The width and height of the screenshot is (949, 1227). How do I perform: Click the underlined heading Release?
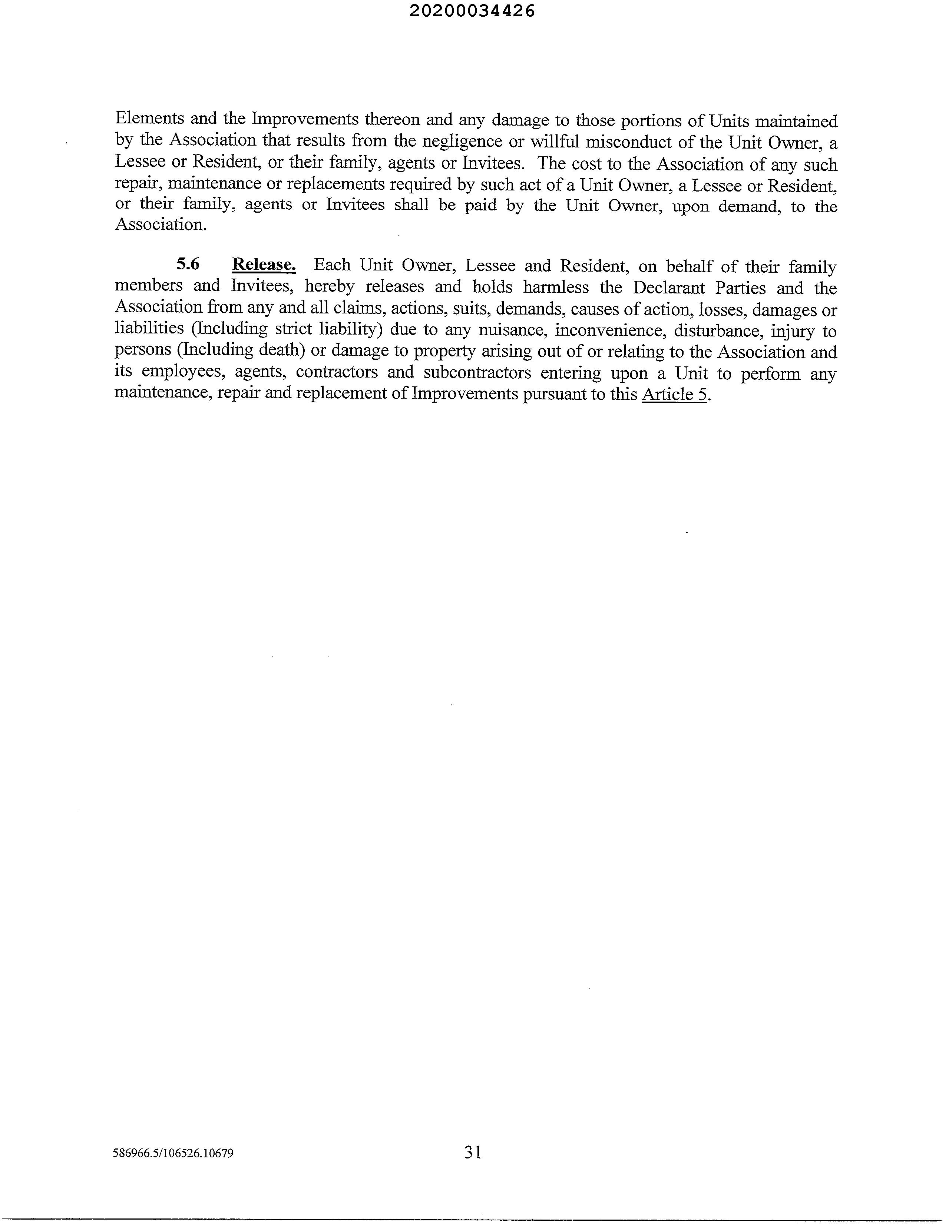264,265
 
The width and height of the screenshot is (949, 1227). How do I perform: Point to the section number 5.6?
188,264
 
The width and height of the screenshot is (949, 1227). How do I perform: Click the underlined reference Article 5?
674,395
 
